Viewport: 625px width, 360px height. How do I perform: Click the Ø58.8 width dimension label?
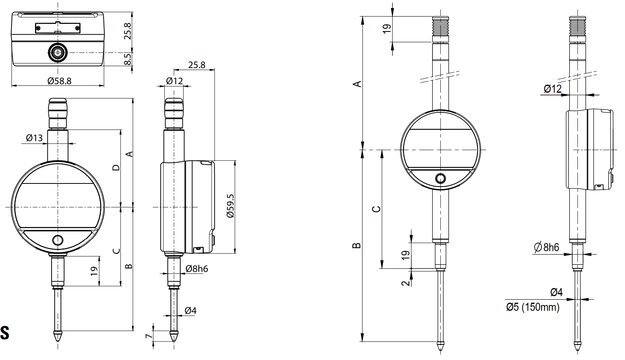59,81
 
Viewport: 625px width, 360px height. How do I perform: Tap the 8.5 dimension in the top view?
127,59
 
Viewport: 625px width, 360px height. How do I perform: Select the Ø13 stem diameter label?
34,138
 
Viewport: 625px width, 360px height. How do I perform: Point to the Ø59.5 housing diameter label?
231,206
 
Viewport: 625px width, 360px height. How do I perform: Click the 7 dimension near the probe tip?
149,336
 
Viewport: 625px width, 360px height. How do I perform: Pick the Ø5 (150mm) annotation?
533,307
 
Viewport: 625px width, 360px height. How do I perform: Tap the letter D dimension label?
116,167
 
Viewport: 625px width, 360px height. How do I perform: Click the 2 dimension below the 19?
406,283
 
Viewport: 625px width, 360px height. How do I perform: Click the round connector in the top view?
58,52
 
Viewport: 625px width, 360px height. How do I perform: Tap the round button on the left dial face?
57,240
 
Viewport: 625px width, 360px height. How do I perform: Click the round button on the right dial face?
440,178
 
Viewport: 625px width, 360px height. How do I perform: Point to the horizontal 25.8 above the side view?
197,65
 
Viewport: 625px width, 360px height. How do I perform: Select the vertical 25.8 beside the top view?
127,31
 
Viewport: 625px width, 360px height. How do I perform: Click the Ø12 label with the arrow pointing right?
553,89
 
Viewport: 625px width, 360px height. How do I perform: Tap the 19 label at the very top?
387,29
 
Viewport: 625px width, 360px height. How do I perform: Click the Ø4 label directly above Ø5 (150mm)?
556,292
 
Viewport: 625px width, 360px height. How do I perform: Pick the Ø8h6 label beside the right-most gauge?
546,247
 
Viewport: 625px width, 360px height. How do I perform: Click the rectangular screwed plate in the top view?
58,28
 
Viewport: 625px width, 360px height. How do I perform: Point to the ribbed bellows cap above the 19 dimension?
441,25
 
